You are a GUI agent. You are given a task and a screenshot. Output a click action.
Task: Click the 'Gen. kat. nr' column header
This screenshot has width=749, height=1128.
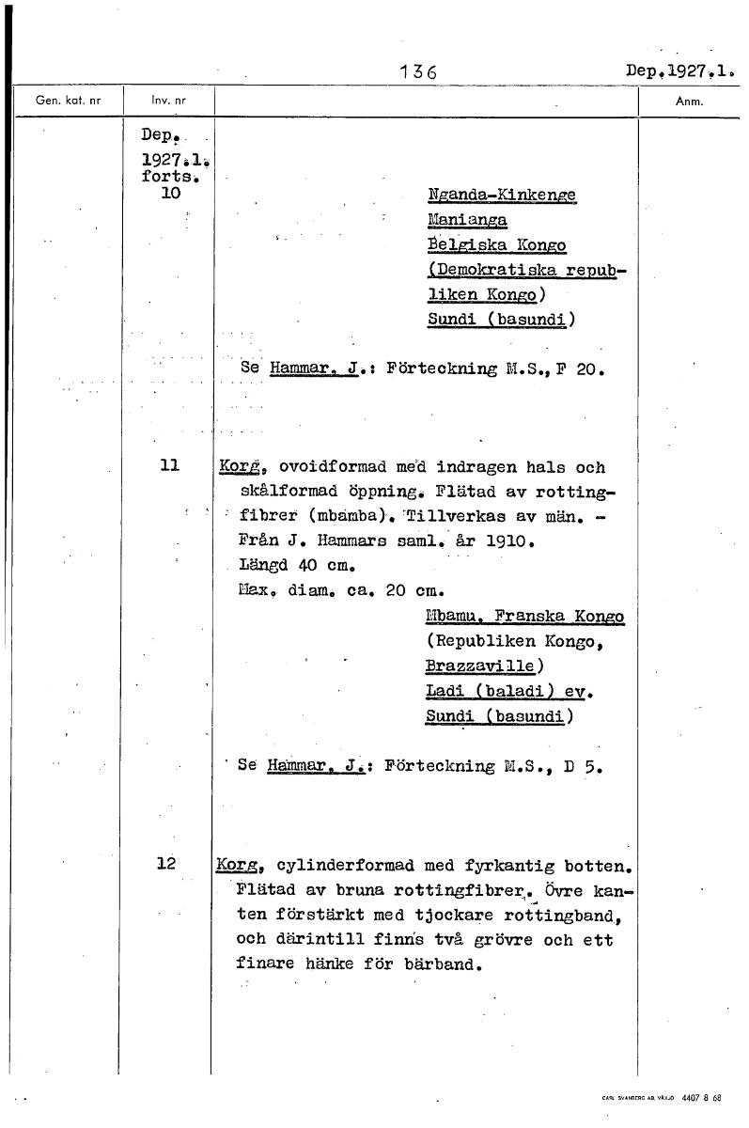tap(68, 99)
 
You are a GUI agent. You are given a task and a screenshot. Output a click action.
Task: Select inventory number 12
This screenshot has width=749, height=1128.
tap(167, 863)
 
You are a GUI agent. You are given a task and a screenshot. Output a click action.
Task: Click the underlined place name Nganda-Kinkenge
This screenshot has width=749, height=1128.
tap(500, 195)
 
